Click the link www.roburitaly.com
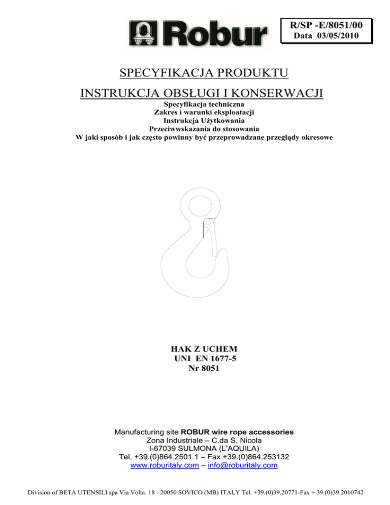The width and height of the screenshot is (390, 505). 164,465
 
